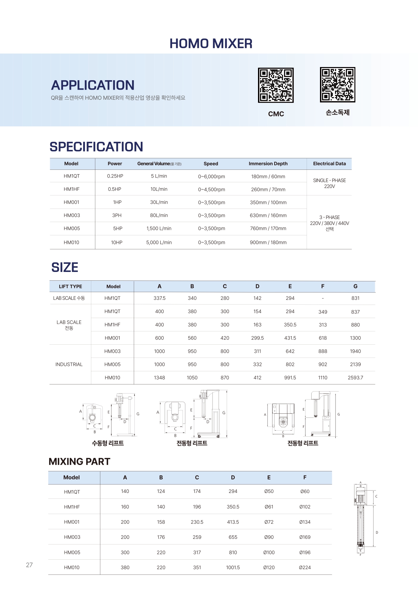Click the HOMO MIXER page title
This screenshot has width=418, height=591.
pos(211,43)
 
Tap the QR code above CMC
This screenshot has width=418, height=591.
pos(276,85)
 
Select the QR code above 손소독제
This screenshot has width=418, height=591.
pos(337,85)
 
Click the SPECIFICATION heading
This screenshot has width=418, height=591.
pos(96,147)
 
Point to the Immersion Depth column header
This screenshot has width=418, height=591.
pos(268,164)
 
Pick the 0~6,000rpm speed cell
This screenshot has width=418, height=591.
pos(212,177)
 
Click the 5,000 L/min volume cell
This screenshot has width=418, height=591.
pos(159,243)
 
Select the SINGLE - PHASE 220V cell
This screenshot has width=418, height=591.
pos(329,183)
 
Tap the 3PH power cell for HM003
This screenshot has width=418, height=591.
pos(117,215)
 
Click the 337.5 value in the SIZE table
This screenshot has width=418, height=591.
pos(159,298)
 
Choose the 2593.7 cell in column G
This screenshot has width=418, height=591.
pos(355,378)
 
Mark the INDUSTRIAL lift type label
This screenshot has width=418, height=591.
pos(69,365)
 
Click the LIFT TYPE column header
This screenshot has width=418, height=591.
pos(70,286)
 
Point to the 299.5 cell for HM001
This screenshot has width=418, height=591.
pos(257,338)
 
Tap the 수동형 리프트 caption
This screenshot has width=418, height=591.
pos(108,443)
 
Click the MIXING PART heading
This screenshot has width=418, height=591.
pos(79,462)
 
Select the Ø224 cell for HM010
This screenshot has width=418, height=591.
pos(305,567)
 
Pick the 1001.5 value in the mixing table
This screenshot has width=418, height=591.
pos(233,567)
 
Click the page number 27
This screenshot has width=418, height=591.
pos(29,565)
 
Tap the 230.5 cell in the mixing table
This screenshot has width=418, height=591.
pos(197,522)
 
